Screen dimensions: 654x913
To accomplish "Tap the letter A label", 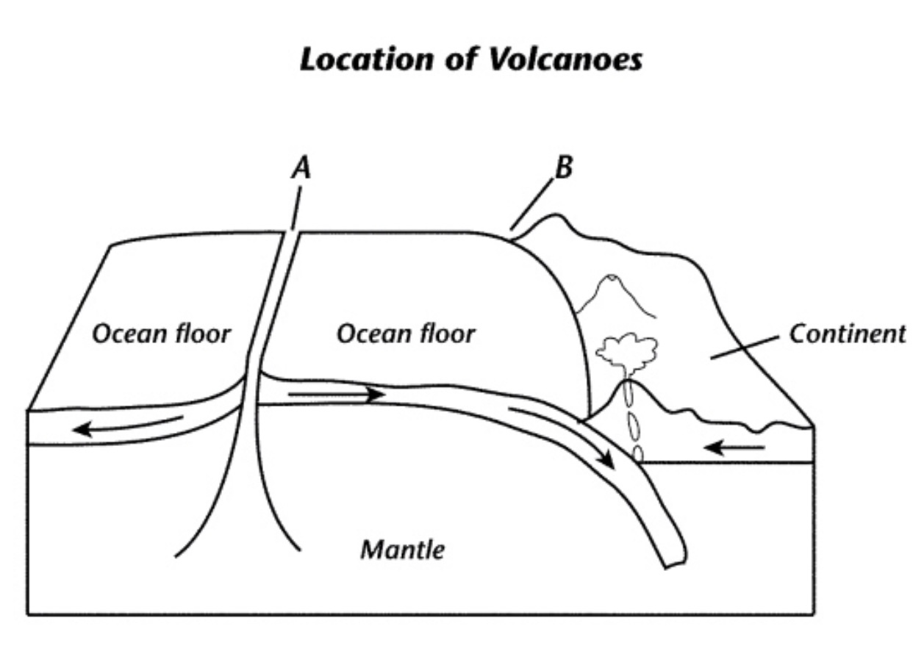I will (x=301, y=169).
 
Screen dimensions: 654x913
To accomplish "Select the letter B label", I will (x=562, y=168).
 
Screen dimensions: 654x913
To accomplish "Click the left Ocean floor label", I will (x=161, y=334).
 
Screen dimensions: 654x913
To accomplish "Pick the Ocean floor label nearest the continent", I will (x=406, y=334).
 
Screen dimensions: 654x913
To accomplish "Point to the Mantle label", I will (x=402, y=548).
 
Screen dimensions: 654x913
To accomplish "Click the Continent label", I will (x=847, y=334).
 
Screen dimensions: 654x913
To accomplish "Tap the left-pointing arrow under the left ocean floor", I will (x=129, y=425).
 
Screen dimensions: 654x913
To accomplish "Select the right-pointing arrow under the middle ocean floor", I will (x=336, y=395).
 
